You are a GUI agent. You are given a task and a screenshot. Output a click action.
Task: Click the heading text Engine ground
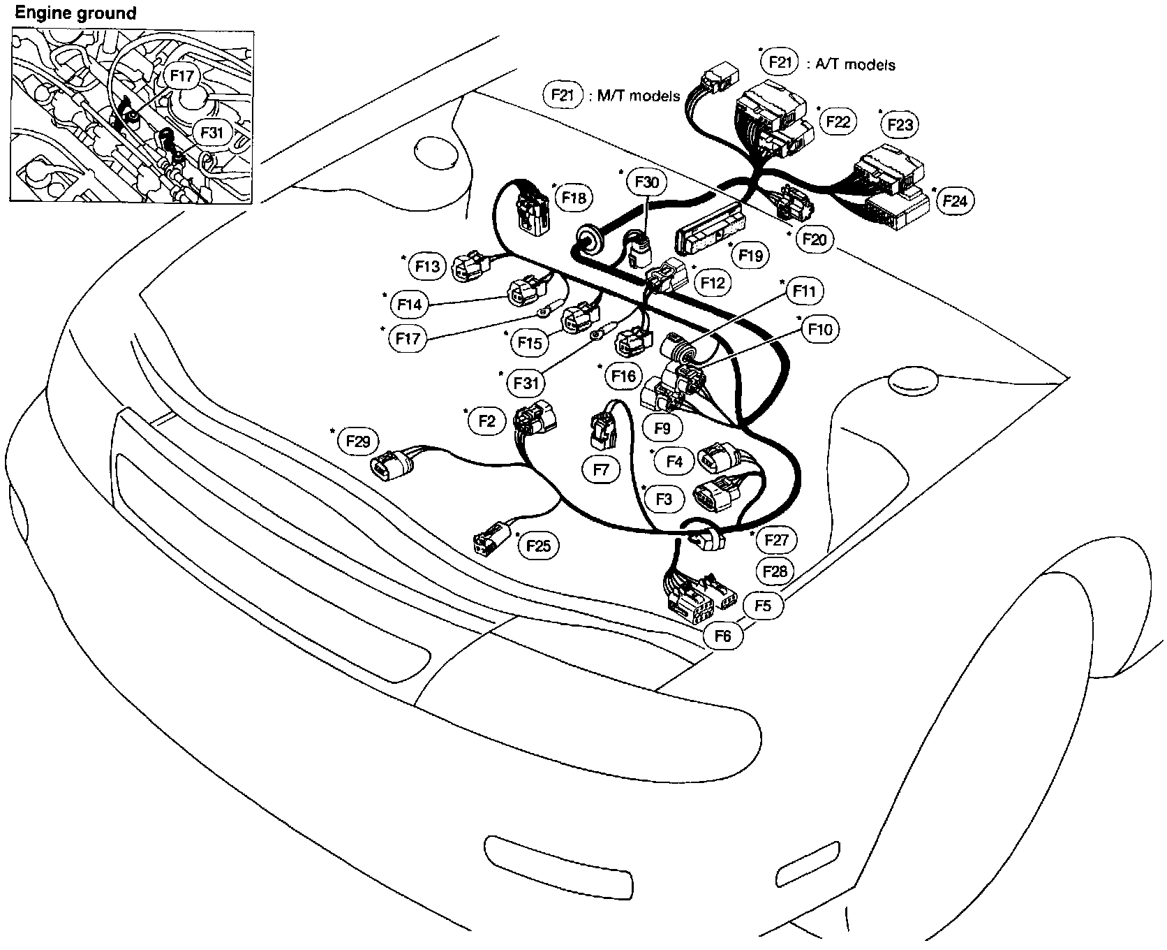pos(75,13)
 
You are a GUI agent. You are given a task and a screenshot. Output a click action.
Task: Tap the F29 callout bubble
pos(357,441)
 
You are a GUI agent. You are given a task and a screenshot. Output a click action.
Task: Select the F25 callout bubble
pos(539,546)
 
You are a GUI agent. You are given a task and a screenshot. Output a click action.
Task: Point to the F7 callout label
pos(601,470)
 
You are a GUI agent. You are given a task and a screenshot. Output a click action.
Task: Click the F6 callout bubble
pos(723,636)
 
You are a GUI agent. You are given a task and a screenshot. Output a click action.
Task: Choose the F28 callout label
pos(775,572)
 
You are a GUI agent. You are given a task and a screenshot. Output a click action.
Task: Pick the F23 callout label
pos(900,125)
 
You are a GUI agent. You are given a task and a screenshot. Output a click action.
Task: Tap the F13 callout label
pos(427,266)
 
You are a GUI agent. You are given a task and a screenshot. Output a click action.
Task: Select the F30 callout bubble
pos(646,183)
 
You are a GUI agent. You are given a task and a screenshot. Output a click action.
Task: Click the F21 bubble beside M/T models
pos(563,95)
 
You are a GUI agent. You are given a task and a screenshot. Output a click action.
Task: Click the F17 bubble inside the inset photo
pos(181,76)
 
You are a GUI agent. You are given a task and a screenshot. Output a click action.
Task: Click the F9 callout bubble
pos(662,427)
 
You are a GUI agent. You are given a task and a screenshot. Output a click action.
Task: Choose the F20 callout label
pos(814,240)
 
